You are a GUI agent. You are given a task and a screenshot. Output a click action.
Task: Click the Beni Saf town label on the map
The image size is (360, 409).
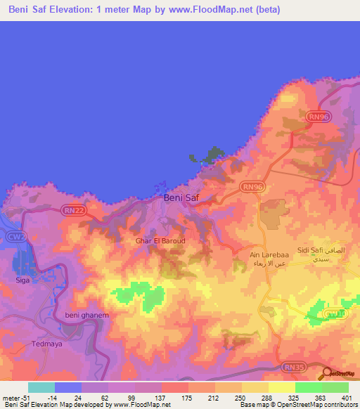(181, 198)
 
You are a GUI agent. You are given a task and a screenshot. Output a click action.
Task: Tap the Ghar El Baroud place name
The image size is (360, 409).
(160, 240)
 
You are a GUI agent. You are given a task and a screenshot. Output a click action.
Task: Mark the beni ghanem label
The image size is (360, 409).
(87, 316)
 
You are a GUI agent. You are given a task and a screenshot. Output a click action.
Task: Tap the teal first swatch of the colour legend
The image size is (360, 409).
(41, 387)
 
